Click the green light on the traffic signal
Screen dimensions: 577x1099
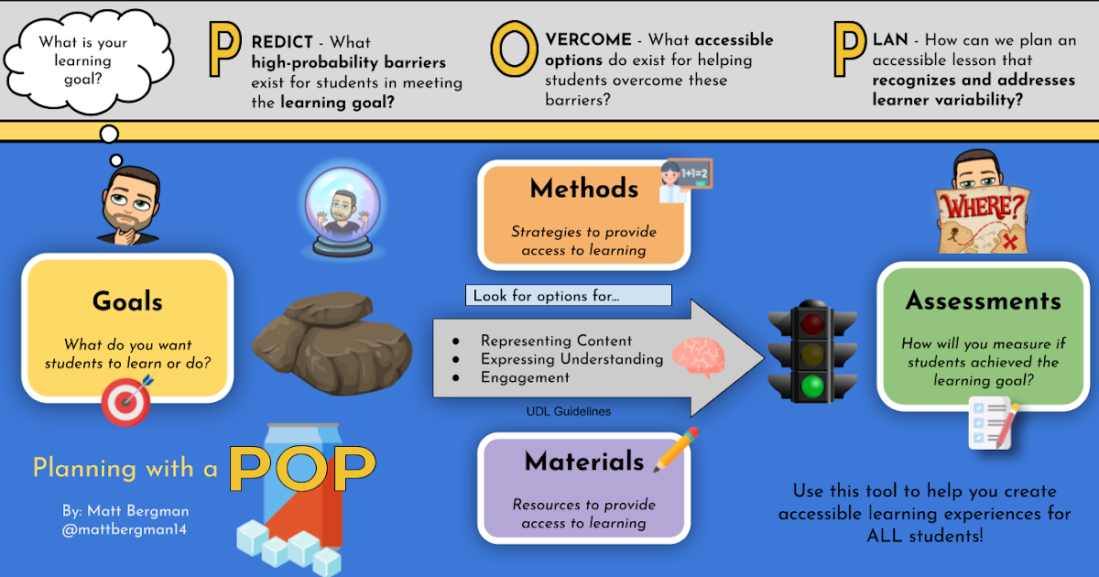[x=811, y=386]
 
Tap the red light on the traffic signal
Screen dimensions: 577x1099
[x=811, y=322]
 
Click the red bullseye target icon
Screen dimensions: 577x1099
[x=125, y=404]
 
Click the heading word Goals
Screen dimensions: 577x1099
[x=127, y=301]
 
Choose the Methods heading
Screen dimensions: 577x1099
[x=583, y=189]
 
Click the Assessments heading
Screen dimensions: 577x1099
[x=983, y=300]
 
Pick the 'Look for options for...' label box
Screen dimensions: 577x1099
[x=568, y=296]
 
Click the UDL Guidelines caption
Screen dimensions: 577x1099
[x=568, y=412]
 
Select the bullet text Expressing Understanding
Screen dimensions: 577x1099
[x=571, y=359]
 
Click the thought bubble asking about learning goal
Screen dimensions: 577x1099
[x=83, y=60]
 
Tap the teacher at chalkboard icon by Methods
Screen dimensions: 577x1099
[x=686, y=180]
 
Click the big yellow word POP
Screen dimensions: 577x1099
[x=302, y=467]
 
